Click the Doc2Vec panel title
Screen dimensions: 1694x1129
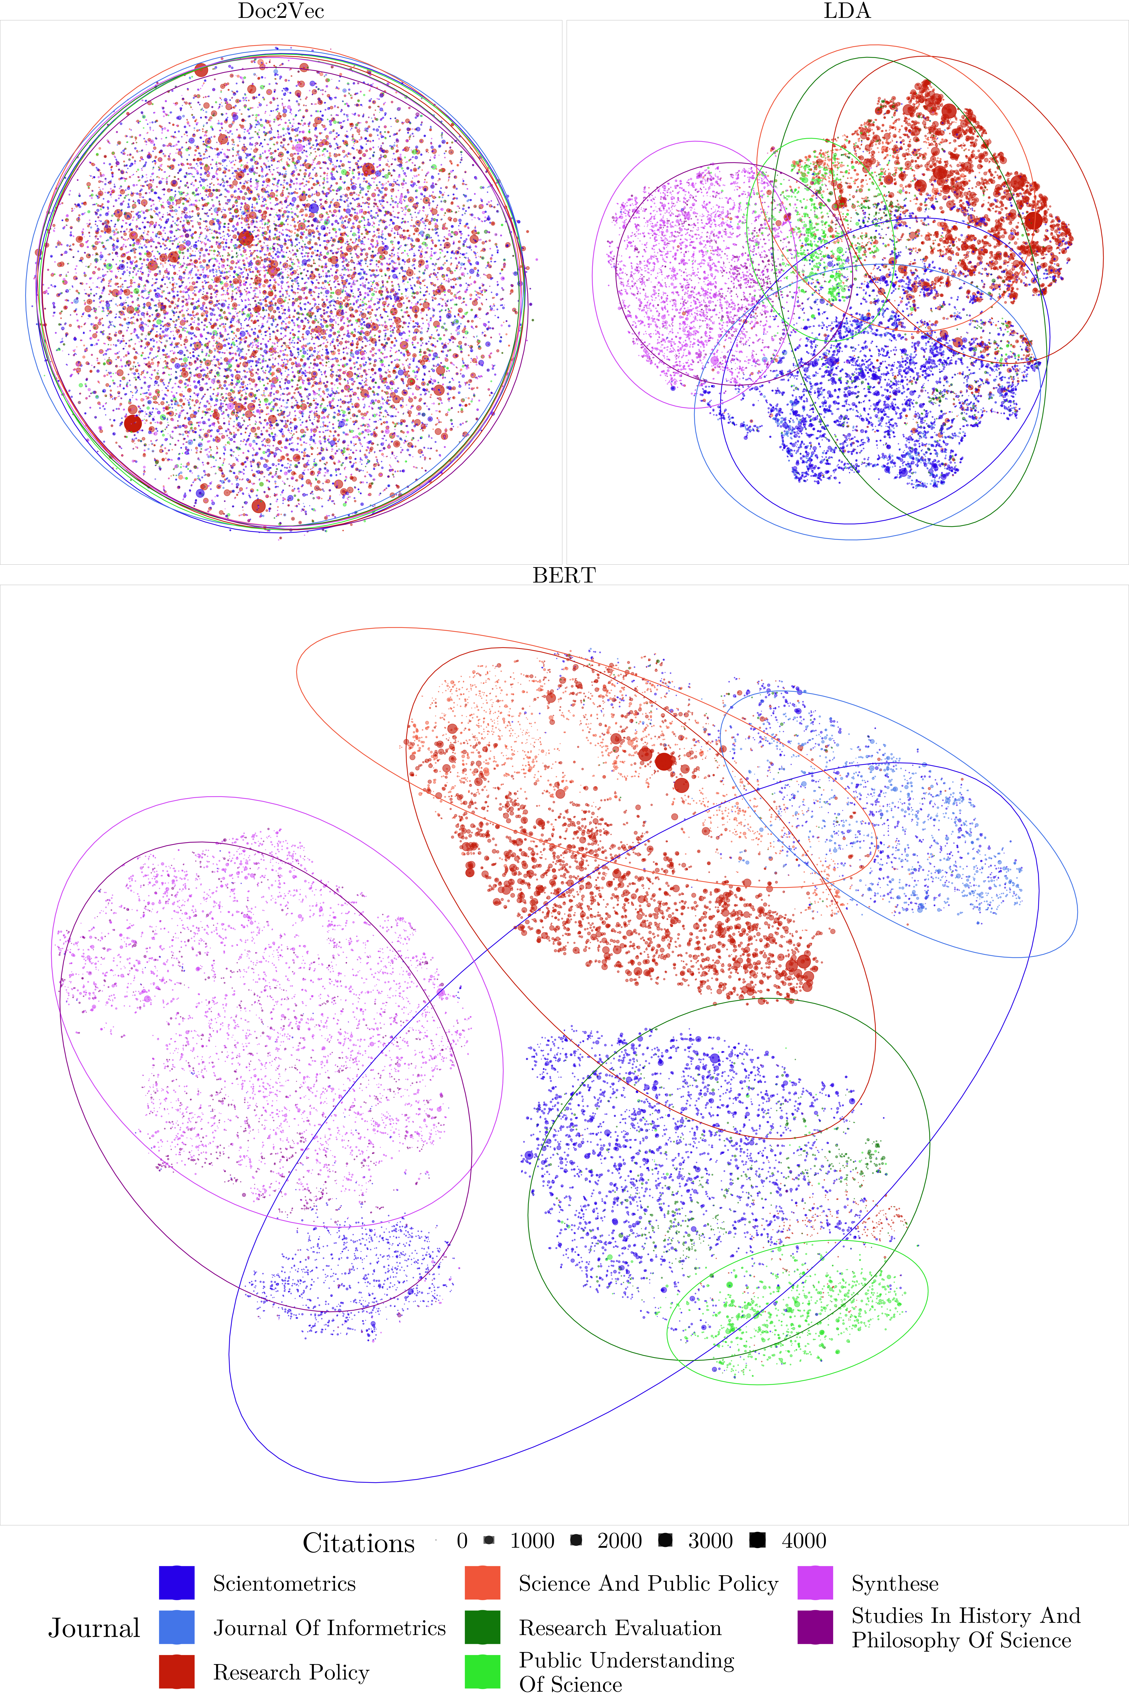click(x=281, y=11)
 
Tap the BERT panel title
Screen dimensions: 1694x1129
click(x=564, y=575)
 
